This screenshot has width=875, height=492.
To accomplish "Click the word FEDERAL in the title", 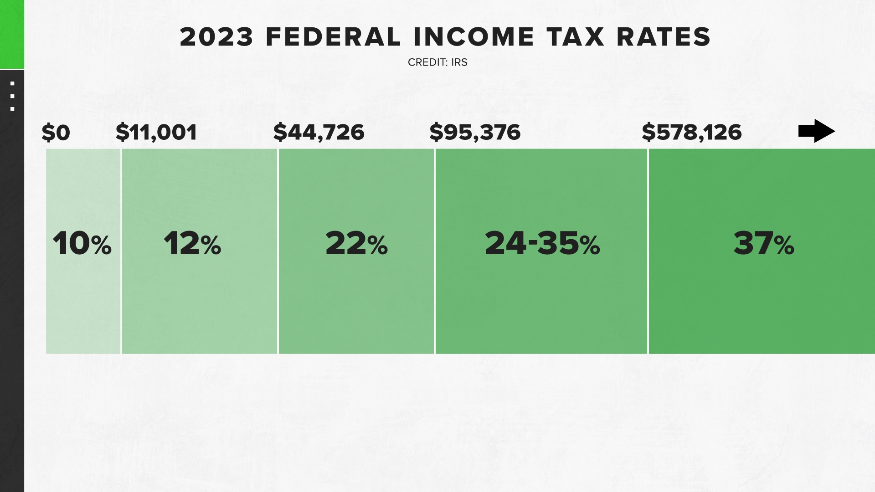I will point(333,37).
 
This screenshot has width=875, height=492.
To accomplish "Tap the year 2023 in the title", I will point(216,37).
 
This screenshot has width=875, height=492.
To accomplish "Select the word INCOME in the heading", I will point(474,37).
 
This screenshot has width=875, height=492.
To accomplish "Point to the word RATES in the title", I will point(664,37).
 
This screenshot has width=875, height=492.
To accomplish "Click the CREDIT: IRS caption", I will point(437,62).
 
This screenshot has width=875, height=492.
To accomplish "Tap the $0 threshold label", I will point(56,133).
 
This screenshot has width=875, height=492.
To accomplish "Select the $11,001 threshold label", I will point(156,133).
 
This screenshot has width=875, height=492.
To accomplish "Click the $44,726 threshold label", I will point(319,132).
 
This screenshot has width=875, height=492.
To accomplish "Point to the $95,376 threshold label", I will point(475,132).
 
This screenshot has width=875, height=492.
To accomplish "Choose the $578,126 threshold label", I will point(691,132).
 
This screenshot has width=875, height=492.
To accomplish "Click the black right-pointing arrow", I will point(816,131).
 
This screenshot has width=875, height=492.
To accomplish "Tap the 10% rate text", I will point(82,243).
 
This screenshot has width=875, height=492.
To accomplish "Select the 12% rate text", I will point(192,243).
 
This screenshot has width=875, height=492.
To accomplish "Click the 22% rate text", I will point(356,243).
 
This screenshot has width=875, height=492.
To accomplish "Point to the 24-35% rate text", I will point(542,243).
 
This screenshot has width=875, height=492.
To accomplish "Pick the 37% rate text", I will point(764,243).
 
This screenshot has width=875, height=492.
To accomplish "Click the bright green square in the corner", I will point(12,34).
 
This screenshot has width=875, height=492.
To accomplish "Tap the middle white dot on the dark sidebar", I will point(12,96).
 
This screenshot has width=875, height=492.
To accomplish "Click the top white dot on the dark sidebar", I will point(12,84).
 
